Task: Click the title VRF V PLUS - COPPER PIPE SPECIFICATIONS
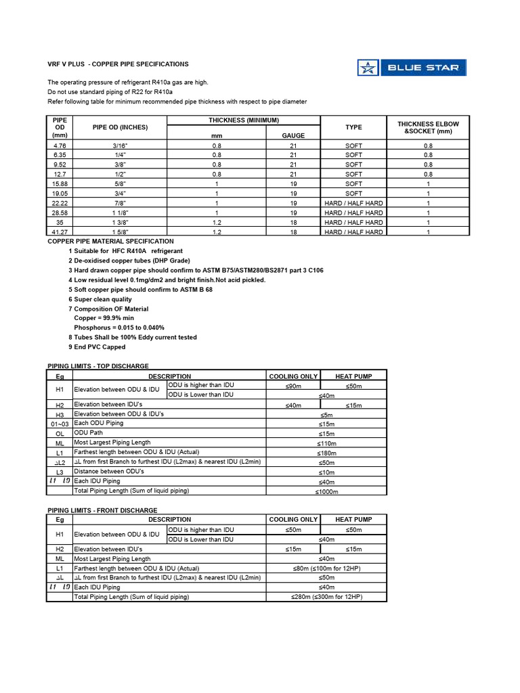pos(118,64)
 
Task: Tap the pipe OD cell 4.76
pos(60,146)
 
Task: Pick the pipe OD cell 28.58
pos(60,213)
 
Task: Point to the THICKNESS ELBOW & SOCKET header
pos(427,127)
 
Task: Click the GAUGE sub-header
pos(293,135)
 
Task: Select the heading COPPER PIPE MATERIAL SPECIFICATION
pos(110,241)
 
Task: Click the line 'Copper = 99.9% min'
pos(104,317)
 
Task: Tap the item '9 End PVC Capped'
pos(97,346)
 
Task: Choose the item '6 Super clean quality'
pos(100,298)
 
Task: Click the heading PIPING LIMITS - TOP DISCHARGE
pos(97,366)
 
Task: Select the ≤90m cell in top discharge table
pos(294,386)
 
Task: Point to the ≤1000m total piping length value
pos(327,491)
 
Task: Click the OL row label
pos(60,433)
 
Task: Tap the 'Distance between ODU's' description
pos(109,472)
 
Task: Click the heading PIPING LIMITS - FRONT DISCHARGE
pos(102,510)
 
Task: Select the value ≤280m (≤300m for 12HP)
pos(327,597)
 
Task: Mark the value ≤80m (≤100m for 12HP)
pos(327,568)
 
